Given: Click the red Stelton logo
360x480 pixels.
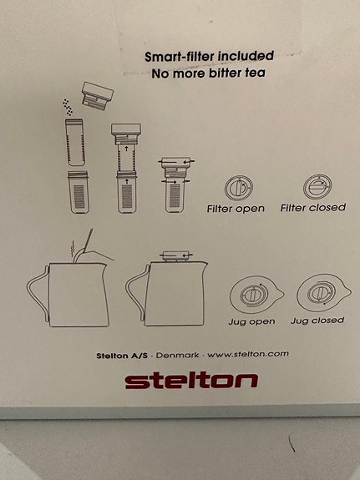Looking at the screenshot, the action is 191,380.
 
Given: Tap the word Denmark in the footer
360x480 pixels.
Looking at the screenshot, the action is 177,356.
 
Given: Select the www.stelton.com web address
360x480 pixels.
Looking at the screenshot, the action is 248,354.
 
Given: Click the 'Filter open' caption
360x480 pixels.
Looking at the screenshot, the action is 236,209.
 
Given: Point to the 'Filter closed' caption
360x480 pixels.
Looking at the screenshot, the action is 313,208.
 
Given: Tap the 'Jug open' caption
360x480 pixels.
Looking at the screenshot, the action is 251,321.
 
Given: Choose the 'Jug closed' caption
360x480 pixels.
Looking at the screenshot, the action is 317,321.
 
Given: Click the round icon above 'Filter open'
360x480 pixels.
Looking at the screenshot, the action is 238,188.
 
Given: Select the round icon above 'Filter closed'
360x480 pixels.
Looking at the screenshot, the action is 317,186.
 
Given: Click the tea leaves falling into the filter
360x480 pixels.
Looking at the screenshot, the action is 68,107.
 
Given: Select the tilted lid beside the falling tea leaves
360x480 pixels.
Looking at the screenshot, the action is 97,96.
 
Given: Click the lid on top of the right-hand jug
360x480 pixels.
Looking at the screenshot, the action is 177,256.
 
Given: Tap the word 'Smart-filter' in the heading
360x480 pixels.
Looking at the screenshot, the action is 180,57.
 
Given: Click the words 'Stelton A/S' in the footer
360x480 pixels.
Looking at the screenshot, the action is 122,356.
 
